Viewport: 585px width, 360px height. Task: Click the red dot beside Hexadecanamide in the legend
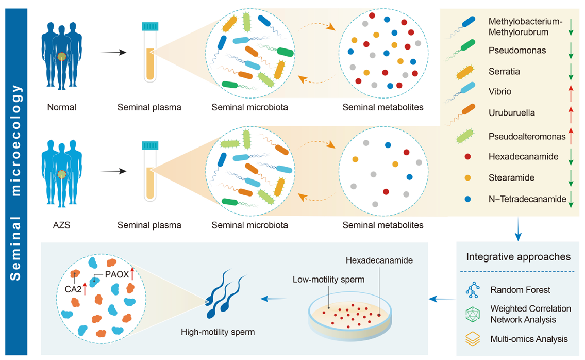pos(467,156)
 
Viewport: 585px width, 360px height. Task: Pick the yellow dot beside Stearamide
pos(467,177)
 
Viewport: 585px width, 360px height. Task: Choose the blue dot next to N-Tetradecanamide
pos(467,198)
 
